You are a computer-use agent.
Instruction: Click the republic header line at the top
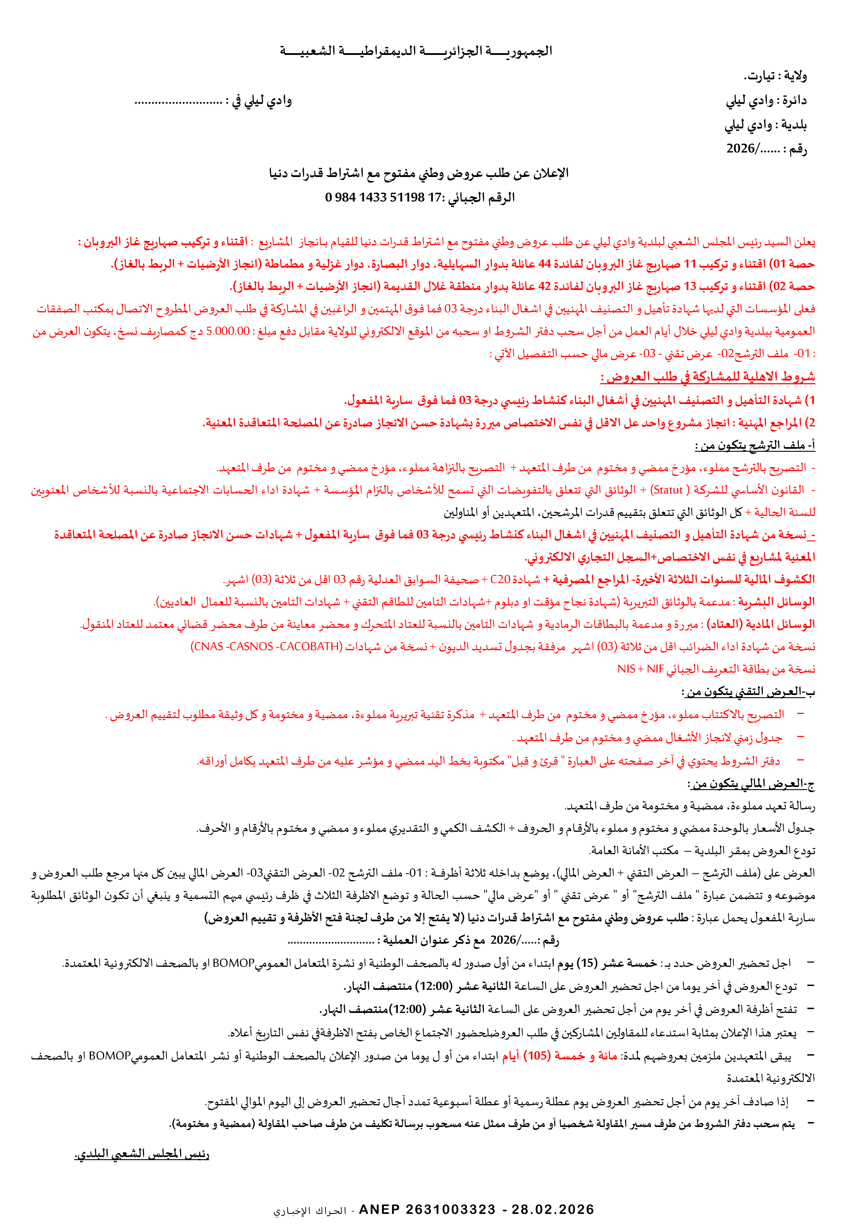pos(416,51)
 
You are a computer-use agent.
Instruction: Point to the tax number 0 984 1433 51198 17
pos(382,198)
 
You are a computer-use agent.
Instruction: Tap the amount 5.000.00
pos(228,331)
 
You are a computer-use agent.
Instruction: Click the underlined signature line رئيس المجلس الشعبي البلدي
pos(142,1154)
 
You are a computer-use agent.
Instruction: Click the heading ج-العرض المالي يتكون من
pos(752,784)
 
